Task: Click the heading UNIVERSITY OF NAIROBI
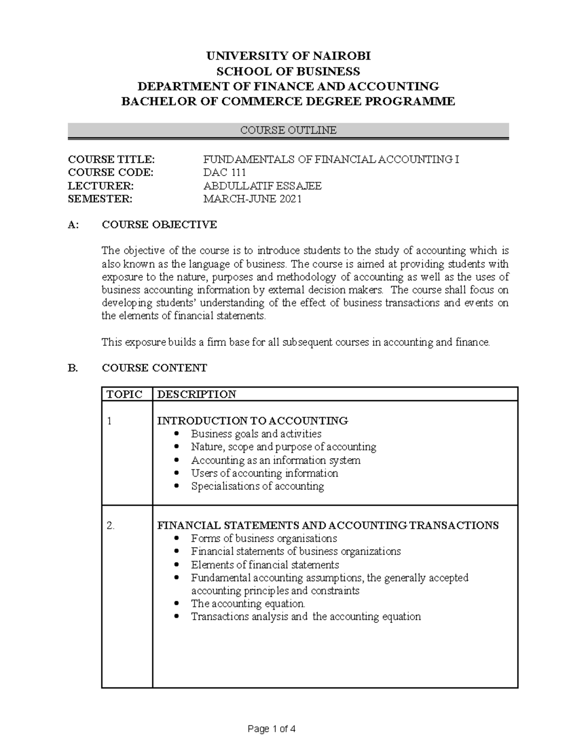point(288,56)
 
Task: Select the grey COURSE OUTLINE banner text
point(288,130)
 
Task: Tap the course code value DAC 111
point(225,173)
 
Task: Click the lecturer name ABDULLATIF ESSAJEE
point(263,186)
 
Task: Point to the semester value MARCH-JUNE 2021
point(252,199)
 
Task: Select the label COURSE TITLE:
point(112,160)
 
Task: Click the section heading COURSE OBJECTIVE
point(159,225)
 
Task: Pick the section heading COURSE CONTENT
point(154,368)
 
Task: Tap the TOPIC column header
point(125,394)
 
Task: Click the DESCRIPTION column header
point(197,394)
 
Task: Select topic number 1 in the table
point(109,421)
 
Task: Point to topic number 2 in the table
point(111,525)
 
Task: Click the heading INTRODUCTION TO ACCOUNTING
point(252,421)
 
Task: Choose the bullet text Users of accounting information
point(264,473)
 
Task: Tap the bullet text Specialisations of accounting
point(257,486)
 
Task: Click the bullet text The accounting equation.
point(248,604)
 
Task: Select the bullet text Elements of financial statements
point(265,565)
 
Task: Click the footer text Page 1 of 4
point(272,729)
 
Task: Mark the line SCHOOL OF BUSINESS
point(288,72)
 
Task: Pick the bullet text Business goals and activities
point(256,434)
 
